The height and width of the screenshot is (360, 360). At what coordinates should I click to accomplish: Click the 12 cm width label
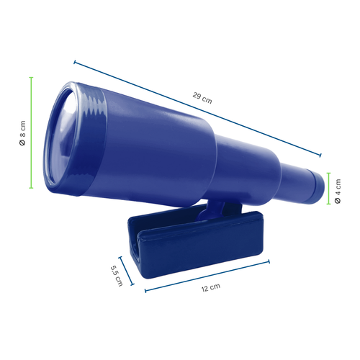pyautogui.click(x=210, y=287)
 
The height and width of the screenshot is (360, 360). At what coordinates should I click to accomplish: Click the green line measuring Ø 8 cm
pyautogui.click(x=32, y=133)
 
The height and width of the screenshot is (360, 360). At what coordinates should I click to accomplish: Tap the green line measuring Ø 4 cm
pyautogui.click(x=328, y=189)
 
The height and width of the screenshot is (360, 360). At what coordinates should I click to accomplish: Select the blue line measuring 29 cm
pyautogui.click(x=197, y=108)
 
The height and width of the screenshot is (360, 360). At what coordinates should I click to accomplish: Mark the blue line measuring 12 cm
pyautogui.click(x=207, y=276)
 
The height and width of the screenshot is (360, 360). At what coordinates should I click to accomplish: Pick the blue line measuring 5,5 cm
pyautogui.click(x=127, y=270)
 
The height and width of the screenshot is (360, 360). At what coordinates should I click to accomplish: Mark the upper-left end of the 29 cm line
pyautogui.click(x=74, y=62)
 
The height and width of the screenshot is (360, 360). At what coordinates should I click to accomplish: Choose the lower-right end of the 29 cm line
pyautogui.click(x=321, y=154)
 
